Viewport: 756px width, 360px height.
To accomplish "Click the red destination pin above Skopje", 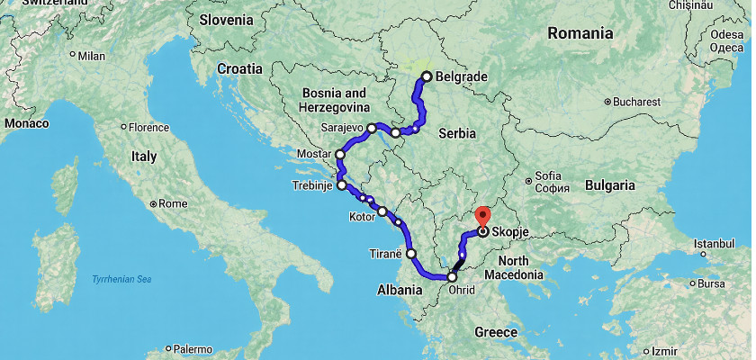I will tap(482, 216).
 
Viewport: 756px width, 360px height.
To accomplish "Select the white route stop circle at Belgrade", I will tap(427, 76).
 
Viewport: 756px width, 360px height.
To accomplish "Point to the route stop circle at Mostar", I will tap(340, 155).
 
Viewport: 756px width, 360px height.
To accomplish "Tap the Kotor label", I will tap(360, 218).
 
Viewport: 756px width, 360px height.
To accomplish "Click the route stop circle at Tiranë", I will tap(411, 254).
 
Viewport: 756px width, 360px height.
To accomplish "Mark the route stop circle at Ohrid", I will tap(452, 278).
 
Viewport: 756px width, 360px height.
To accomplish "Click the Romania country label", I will tap(580, 33).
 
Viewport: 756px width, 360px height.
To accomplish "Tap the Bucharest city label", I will tap(636, 103).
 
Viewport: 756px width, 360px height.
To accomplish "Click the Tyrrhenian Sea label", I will tap(121, 280).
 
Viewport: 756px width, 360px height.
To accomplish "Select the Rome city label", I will tap(172, 203).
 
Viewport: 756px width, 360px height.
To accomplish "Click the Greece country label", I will tap(496, 332).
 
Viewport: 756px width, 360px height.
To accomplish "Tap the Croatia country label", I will tap(239, 67).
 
